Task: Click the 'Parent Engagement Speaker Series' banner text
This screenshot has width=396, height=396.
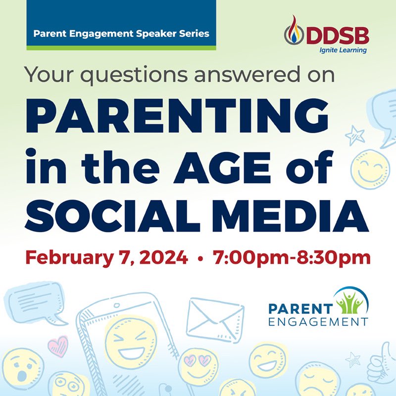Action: (121, 34)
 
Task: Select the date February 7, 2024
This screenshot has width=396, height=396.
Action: (106, 257)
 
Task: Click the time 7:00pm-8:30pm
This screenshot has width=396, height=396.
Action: (292, 257)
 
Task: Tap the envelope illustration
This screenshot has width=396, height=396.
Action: (216, 317)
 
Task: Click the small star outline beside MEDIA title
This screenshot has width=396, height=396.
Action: (354, 134)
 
